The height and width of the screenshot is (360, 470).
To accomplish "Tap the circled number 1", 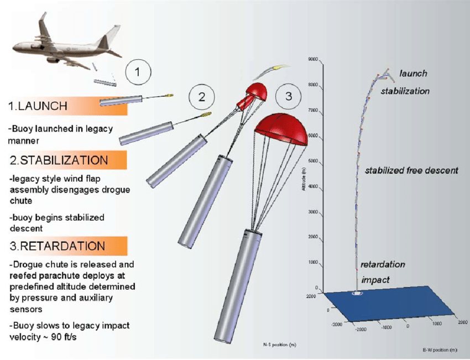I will [138, 71].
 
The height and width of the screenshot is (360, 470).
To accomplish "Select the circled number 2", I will [202, 97].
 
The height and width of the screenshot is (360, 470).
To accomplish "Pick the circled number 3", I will [288, 96].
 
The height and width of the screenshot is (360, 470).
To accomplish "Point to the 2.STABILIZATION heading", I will [59, 160].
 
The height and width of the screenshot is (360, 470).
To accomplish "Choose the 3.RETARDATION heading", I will [55, 245].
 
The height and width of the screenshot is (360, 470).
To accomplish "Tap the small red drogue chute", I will [257, 91].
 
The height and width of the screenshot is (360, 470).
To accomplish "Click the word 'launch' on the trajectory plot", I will [413, 74].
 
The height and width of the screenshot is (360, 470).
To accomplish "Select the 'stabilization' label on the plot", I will [405, 91].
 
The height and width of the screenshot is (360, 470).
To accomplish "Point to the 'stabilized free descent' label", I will [411, 170].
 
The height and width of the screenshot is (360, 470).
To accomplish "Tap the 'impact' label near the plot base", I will [375, 280].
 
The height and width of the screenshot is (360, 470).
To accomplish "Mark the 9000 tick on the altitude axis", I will [315, 59].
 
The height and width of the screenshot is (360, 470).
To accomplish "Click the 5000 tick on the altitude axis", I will [315, 161].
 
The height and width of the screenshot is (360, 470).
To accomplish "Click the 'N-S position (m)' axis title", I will [279, 346].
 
